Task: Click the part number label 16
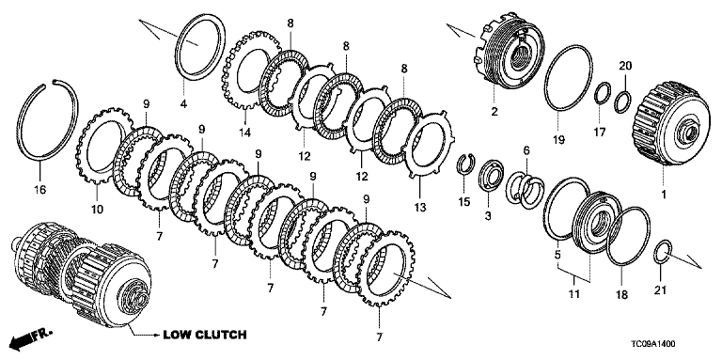(40, 189)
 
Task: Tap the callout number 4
(183, 104)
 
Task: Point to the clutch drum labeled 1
(662, 124)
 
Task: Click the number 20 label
(625, 67)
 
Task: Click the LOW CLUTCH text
(204, 335)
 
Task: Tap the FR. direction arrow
(31, 338)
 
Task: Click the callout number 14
(245, 133)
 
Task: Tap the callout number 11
(573, 291)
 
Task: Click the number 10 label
(97, 210)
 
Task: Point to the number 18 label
(621, 294)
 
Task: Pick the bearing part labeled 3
(491, 175)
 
